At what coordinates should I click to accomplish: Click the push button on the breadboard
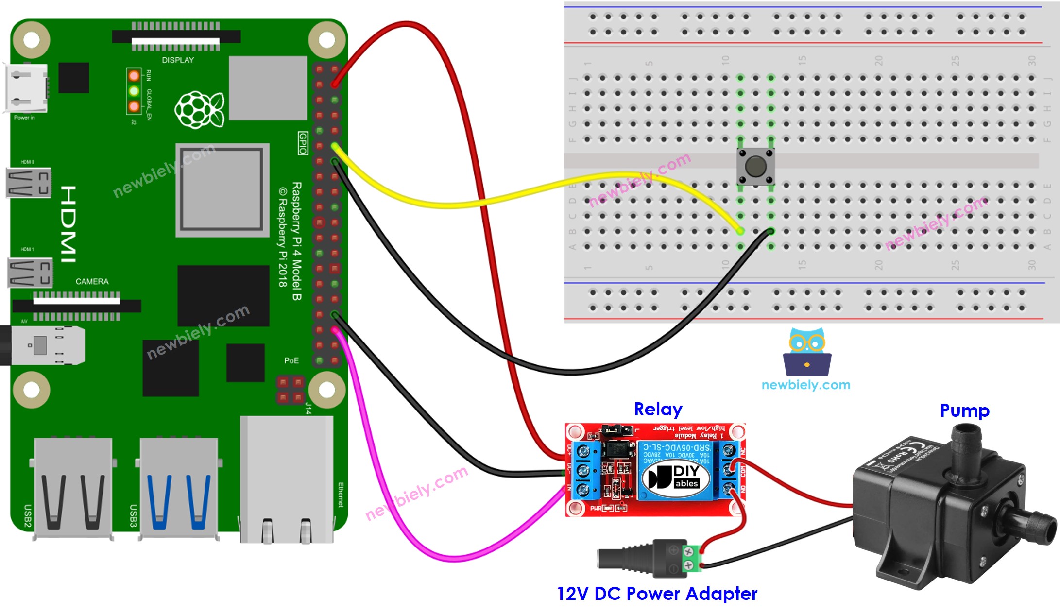click(755, 167)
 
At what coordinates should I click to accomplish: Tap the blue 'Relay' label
click(658, 409)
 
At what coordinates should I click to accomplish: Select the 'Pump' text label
click(964, 410)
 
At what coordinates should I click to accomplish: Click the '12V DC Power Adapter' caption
click(657, 594)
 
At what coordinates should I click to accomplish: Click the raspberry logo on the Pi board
click(199, 110)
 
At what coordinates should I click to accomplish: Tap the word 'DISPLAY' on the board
click(178, 60)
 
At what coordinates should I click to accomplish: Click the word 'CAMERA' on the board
click(92, 281)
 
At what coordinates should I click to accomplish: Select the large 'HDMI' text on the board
click(68, 224)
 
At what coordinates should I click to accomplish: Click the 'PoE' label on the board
click(291, 360)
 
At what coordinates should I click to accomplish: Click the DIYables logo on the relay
click(675, 477)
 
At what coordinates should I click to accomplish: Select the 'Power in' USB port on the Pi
click(27, 88)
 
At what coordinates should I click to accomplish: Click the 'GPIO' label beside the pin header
click(303, 143)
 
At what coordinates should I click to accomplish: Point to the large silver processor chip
click(222, 190)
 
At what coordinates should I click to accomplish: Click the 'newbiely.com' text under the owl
click(806, 385)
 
